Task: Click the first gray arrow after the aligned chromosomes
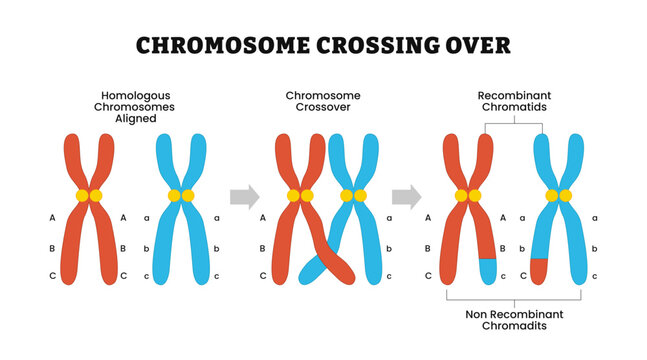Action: [244, 195]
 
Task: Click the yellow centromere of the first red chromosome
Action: [88, 196]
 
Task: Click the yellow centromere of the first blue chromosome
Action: [181, 196]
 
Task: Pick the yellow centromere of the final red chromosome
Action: [468, 196]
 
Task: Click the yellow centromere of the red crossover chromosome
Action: [300, 196]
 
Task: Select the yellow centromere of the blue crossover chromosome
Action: [354, 196]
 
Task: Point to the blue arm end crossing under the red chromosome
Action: [309, 269]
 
